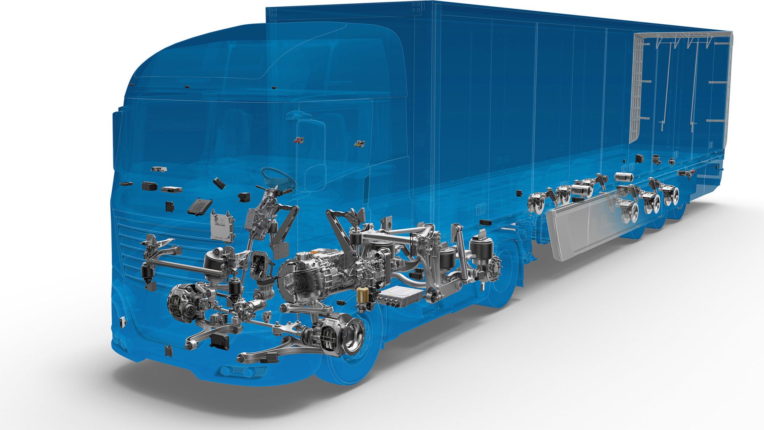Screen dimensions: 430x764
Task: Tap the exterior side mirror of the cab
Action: click(311, 151)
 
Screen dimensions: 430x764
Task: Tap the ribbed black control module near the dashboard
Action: click(200, 207)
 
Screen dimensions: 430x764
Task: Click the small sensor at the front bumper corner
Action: click(122, 321)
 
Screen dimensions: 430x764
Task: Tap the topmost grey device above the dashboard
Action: click(159, 169)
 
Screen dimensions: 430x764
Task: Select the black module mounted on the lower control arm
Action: click(219, 341)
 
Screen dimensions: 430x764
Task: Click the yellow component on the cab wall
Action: click(360, 143)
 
